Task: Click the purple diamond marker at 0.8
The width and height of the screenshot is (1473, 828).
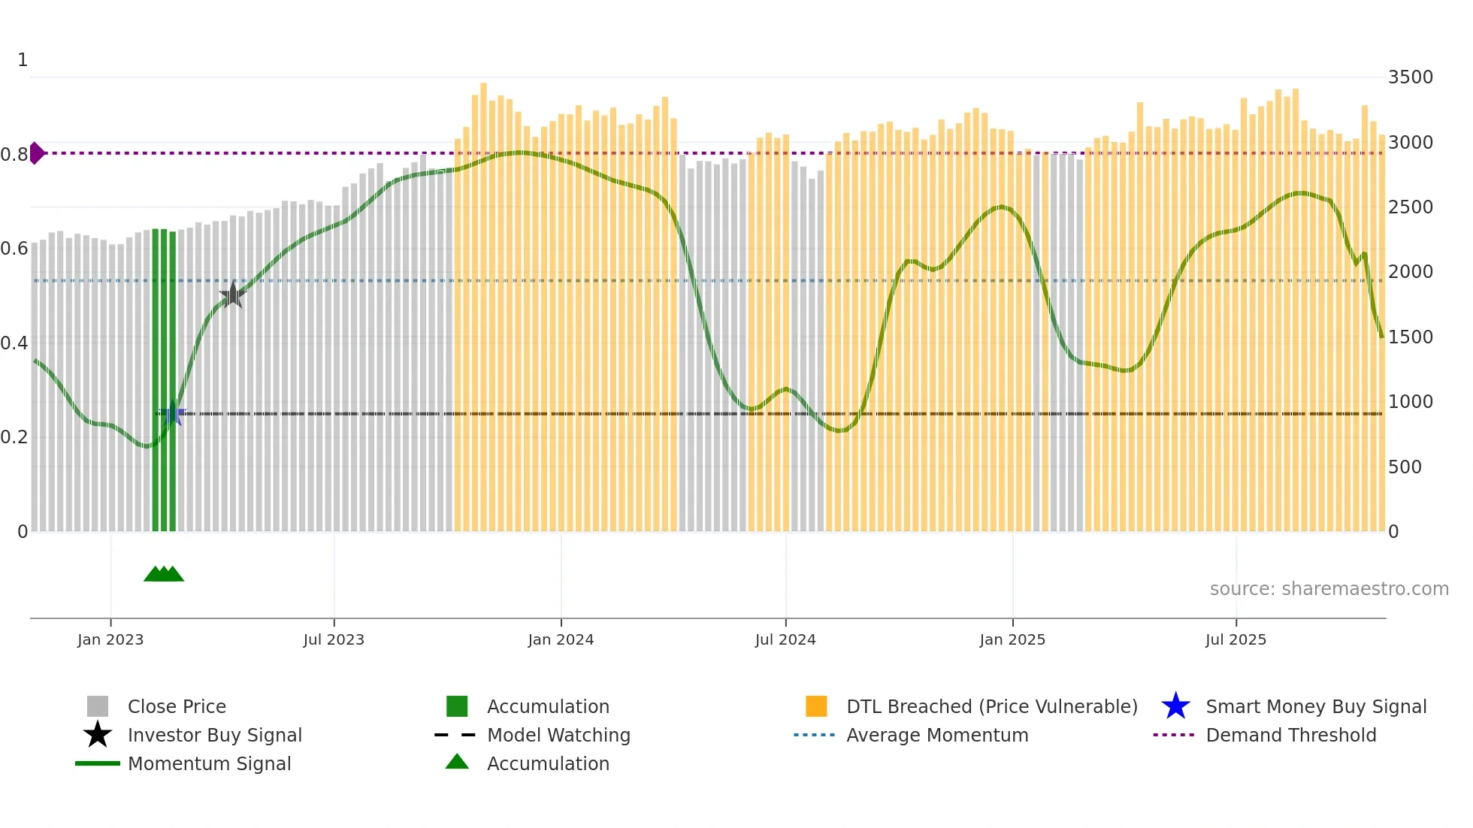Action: pos(37,153)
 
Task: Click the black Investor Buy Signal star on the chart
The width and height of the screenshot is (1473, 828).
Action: pos(233,295)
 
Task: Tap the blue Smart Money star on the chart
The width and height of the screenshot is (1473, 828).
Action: pos(174,413)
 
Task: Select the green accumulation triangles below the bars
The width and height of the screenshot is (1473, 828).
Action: pos(164,574)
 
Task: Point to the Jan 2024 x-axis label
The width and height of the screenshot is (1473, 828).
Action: pos(561,640)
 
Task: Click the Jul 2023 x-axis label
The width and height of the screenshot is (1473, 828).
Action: pos(334,640)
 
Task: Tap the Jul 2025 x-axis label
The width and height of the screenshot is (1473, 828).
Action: pos(1236,640)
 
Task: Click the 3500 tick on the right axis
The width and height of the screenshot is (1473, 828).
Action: pos(1411,77)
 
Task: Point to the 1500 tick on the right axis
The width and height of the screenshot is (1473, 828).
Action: pos(1411,337)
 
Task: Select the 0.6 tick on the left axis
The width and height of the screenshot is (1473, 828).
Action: pos(14,249)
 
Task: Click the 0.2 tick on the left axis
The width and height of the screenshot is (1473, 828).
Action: pos(14,437)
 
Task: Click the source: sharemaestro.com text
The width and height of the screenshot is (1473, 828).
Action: pos(1329,589)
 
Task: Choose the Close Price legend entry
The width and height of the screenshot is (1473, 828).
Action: pos(177,707)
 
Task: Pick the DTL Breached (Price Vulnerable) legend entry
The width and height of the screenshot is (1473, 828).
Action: pos(991,707)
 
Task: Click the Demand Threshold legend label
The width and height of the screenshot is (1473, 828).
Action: pos(1290,736)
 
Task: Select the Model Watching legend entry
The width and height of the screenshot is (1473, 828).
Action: pos(558,736)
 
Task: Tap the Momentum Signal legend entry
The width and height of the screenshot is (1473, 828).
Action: pos(209,764)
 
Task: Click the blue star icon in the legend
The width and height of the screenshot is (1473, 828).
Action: pos(1175,707)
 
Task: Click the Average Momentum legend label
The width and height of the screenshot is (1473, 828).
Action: pos(937,736)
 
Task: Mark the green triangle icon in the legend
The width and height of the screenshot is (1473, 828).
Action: pos(457,763)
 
